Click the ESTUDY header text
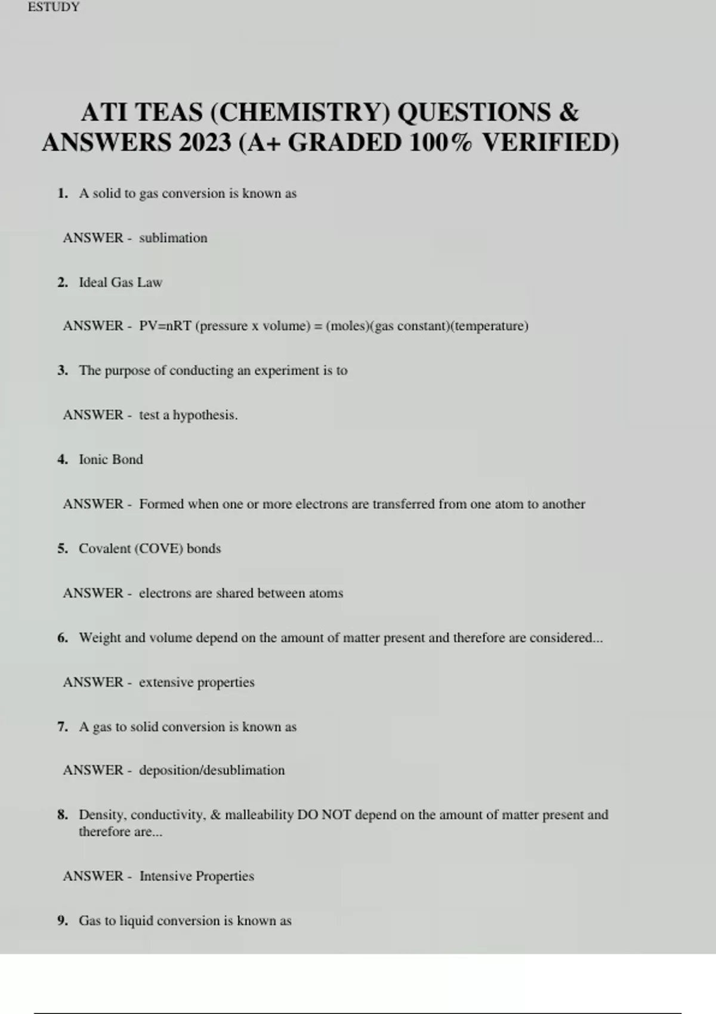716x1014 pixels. tap(54, 7)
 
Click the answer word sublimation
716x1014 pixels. tap(173, 238)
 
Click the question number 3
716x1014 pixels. tap(63, 370)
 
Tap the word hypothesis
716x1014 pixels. tap(205, 415)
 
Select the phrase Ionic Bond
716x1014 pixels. tap(111, 459)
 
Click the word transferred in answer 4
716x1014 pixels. tap(403, 504)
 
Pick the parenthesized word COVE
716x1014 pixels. tap(160, 549)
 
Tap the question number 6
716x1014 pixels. tap(63, 638)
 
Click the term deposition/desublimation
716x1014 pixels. tap(212, 770)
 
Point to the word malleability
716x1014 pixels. tap(259, 815)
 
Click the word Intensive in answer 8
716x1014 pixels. tap(165, 876)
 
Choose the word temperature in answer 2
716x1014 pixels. tap(489, 326)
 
